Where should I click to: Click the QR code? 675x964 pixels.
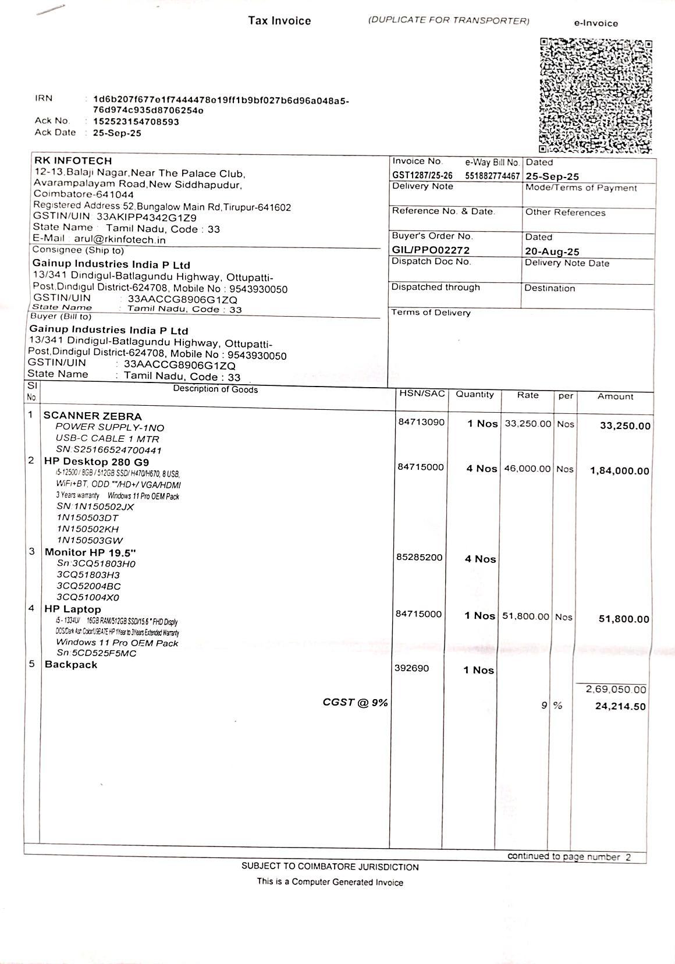pos(596,95)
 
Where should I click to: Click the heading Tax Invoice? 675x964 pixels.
pos(279,21)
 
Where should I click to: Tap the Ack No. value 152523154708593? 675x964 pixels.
pos(136,122)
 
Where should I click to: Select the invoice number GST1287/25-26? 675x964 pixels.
pos(422,175)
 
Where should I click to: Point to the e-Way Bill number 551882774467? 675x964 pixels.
pos(492,175)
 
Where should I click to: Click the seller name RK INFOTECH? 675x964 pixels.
pos(73,161)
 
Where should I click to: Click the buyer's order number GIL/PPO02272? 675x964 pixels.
pos(431,250)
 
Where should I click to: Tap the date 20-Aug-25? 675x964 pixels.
pos(552,251)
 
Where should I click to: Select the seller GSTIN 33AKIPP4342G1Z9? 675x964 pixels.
pos(147,217)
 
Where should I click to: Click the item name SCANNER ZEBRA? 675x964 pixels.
pos(93,416)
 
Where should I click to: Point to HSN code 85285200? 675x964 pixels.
pos(420,557)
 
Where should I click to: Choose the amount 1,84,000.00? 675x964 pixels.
pos(619,471)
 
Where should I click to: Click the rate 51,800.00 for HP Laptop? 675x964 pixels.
pos(525,616)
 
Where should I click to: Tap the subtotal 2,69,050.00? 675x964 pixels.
pos(616,690)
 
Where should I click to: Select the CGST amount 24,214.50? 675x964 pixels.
pos(620,707)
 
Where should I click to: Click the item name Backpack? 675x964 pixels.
pos(71,665)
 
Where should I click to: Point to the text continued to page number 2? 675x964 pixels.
pos(569,856)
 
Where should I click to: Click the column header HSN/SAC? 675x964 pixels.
pos(422,394)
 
